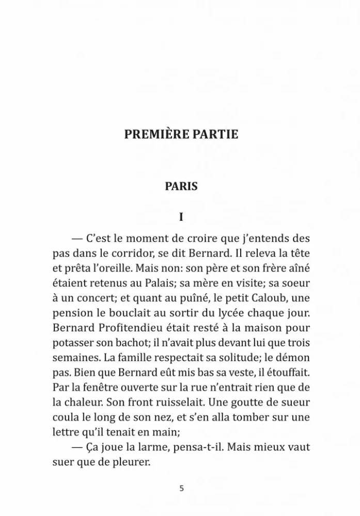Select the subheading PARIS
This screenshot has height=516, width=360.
tap(181, 186)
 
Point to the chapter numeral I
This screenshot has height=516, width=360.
tap(181, 217)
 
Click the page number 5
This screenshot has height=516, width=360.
tap(181, 488)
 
